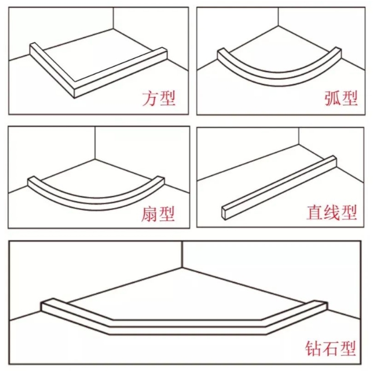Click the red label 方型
click(159, 98)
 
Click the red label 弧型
click(341, 98)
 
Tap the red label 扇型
click(158, 214)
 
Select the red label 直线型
click(332, 212)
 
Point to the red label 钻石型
click(330, 348)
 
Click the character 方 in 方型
click(150, 98)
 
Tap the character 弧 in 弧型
click(332, 98)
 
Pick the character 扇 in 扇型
click(149, 214)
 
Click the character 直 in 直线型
click(314, 212)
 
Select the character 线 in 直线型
click(332, 212)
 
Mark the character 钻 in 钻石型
click(313, 348)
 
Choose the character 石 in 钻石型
click(330, 348)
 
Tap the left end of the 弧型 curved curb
click(221, 54)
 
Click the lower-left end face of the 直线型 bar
click(225, 213)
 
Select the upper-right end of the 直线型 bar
click(334, 161)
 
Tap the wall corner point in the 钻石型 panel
click(182, 267)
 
